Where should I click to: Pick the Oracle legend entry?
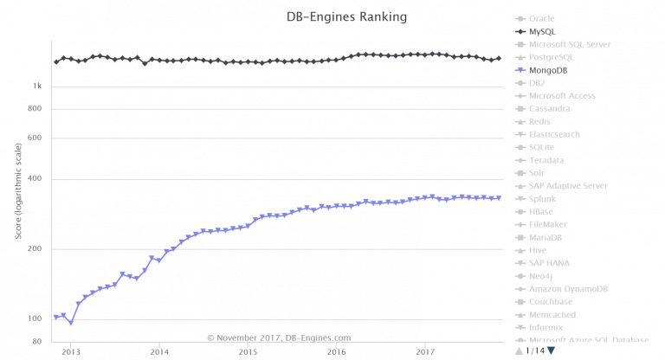tap(541, 18)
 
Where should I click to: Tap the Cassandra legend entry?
tap(549, 108)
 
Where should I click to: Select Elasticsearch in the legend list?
tap(554, 134)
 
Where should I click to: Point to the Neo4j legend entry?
tap(543, 276)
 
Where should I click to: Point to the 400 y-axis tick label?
tap(35, 179)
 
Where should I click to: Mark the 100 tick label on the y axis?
tap(35, 318)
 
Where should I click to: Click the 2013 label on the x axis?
tap(71, 351)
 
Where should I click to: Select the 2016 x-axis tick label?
tap(337, 351)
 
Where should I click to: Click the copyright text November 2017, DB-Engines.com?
tap(279, 337)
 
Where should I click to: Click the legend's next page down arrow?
tap(551, 350)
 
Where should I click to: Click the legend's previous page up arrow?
tap(520, 350)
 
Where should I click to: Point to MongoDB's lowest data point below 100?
tap(71, 323)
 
